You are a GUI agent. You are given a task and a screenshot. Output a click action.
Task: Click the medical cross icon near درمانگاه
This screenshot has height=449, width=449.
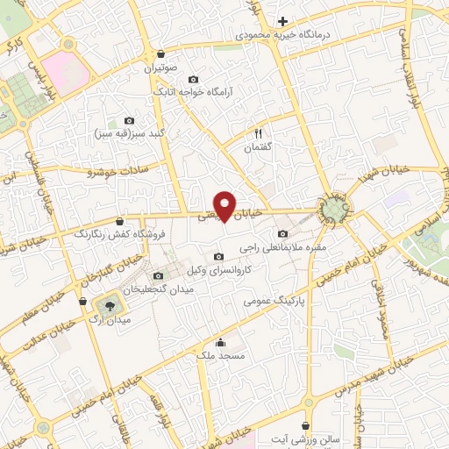(x=282, y=20)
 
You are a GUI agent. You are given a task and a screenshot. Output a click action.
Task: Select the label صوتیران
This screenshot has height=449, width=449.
(x=162, y=68)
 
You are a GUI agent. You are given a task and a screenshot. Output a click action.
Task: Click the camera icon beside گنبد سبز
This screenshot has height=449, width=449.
(x=130, y=120)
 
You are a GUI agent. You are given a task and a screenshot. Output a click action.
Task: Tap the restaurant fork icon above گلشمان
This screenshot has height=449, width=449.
(x=259, y=134)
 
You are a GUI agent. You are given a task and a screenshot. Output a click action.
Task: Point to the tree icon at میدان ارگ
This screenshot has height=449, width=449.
(x=110, y=306)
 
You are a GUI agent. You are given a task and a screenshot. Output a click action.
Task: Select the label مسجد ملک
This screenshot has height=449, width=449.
(x=237, y=356)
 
